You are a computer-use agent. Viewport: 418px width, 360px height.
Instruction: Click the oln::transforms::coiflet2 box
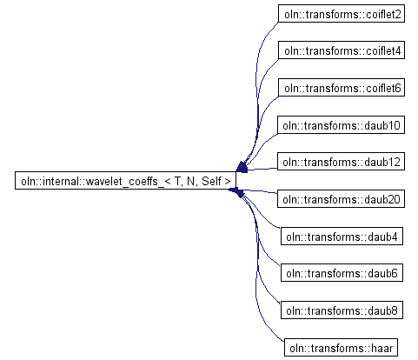point(342,13)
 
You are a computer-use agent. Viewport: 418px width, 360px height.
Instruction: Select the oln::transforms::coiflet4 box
point(342,50)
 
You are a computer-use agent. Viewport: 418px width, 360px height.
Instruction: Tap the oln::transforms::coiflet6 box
point(342,87)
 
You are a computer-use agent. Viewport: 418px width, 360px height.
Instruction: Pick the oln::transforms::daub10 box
point(341,125)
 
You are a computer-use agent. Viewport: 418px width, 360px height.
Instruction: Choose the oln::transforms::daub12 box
point(341,162)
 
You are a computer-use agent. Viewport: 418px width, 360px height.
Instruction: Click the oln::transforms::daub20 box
point(341,198)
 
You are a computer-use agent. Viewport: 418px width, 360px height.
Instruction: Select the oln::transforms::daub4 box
point(342,236)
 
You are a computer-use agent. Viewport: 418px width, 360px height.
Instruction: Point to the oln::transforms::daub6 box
point(342,273)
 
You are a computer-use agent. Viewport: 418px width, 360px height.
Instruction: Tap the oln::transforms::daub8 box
point(342,310)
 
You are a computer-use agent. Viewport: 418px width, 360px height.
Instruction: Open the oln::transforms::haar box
point(341,347)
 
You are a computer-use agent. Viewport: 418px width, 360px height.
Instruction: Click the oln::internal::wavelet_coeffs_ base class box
point(125,180)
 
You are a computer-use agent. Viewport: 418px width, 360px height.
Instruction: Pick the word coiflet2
point(383,14)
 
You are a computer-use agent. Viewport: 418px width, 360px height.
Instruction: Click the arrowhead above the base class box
point(242,167)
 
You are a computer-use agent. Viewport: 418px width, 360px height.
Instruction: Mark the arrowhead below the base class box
point(237,192)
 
